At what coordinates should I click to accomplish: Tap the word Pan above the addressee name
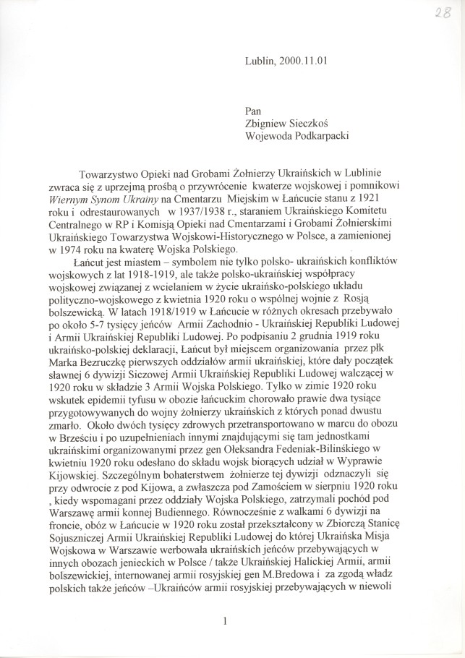point(255,112)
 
